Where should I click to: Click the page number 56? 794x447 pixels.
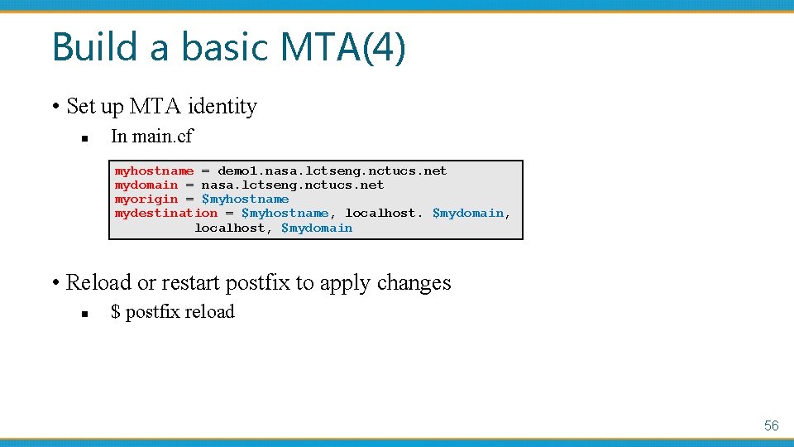coord(771,425)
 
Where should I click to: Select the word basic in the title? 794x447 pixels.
coord(222,47)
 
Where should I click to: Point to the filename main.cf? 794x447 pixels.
coord(165,136)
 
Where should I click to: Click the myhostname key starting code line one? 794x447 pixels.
coord(154,171)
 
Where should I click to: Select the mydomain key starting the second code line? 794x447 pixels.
coord(146,185)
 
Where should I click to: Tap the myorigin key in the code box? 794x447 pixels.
coord(146,199)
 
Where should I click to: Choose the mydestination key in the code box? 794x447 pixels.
coord(165,214)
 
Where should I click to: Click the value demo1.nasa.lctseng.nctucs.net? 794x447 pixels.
coord(332,171)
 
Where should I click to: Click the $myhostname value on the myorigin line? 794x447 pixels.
coord(246,199)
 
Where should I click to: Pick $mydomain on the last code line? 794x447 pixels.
coord(317,228)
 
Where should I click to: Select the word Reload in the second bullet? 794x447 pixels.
coord(98,283)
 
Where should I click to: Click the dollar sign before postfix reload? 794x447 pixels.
coord(115,312)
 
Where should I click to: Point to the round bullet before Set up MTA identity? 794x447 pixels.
coord(55,108)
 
